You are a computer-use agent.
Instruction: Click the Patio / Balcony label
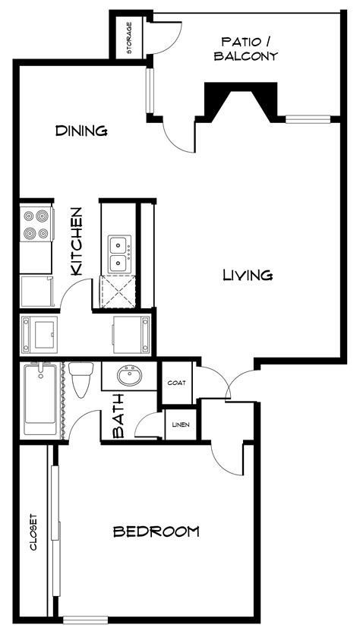pos(245,49)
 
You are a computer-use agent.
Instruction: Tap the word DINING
pos(81,131)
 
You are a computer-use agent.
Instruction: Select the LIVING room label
pos(248,275)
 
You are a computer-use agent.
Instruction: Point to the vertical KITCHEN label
pos(76,241)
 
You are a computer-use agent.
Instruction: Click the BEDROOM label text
pos(156,531)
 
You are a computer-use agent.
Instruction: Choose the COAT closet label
pos(176,382)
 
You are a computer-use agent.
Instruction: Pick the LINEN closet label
pos(181,424)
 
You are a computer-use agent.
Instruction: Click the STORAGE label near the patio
pos(129,37)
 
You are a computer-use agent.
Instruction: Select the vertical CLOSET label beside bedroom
pos(33,533)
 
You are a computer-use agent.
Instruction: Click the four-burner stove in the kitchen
pos(35,225)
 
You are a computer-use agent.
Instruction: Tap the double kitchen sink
pos(118,254)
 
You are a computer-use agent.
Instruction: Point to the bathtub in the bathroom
pos(40,400)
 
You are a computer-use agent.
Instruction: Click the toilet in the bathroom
pos(81,380)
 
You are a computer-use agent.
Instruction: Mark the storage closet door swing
pos(164,38)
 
